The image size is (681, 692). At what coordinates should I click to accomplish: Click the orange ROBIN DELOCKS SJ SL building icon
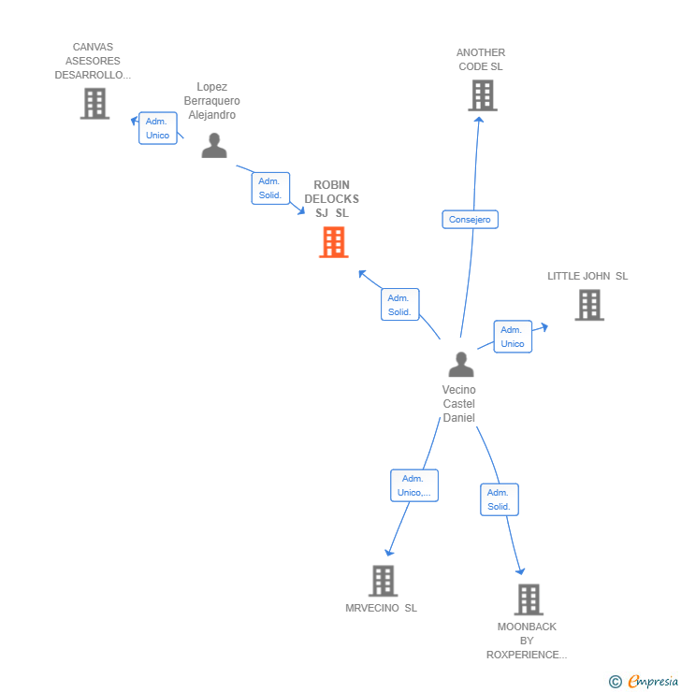(333, 242)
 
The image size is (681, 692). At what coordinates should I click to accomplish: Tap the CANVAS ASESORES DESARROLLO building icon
(94, 104)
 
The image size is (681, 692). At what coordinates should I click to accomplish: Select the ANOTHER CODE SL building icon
(482, 95)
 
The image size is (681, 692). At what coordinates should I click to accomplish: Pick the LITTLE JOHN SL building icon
(588, 305)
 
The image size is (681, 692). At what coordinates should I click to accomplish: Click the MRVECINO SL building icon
(383, 581)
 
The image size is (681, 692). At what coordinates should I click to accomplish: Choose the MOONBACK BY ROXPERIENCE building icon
(529, 599)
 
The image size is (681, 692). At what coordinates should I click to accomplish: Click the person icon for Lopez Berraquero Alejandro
(214, 146)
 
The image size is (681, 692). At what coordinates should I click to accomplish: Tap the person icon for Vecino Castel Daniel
(460, 365)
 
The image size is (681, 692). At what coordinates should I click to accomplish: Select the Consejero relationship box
(470, 220)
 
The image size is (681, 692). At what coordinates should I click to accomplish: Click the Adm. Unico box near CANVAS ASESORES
(157, 128)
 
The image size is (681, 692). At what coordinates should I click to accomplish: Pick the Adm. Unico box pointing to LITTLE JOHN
(512, 337)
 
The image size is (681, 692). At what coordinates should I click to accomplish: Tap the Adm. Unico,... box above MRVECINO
(413, 485)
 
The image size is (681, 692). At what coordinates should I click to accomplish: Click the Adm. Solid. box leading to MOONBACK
(499, 499)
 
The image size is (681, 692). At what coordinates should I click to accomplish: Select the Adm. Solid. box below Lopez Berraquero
(269, 188)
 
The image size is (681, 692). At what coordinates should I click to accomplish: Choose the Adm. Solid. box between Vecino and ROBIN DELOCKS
(399, 305)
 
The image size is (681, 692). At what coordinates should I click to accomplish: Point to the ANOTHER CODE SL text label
(481, 60)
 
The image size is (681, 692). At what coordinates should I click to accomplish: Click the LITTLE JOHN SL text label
(587, 276)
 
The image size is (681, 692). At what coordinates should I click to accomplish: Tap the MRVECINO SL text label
(381, 608)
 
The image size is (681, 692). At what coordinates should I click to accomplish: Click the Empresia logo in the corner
(644, 682)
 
